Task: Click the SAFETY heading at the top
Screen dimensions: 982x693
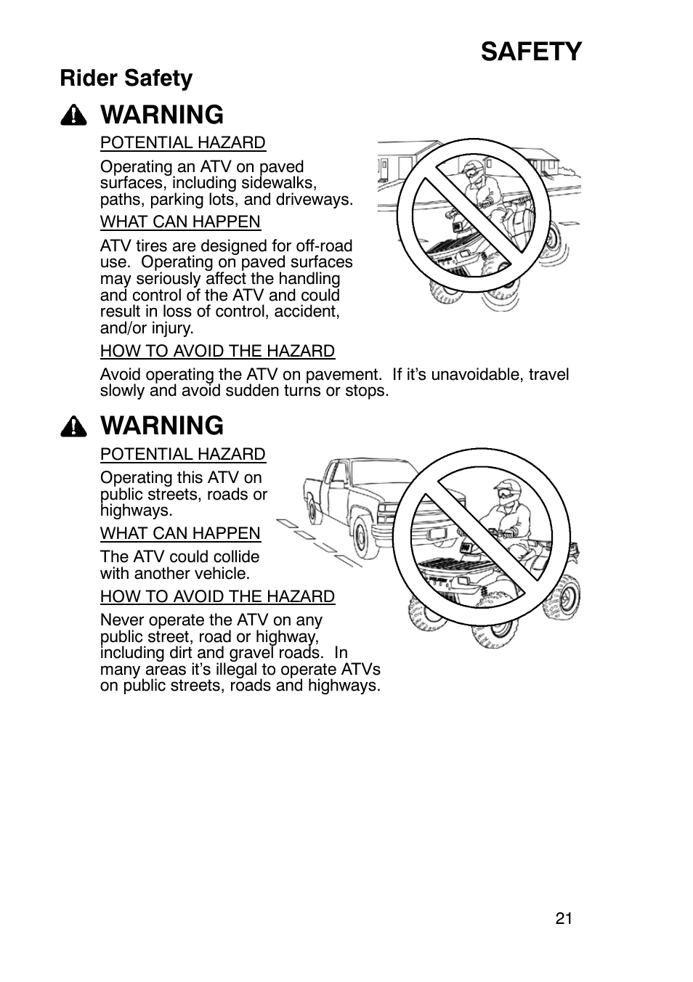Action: [530, 52]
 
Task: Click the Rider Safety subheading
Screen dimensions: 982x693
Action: [126, 78]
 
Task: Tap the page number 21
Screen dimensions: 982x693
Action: [564, 918]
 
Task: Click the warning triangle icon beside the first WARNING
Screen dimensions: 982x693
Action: [74, 115]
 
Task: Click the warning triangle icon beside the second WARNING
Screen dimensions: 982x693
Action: [74, 426]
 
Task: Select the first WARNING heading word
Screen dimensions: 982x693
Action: [163, 115]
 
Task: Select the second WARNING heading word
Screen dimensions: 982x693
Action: [163, 426]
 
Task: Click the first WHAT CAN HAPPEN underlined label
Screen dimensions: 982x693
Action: [180, 222]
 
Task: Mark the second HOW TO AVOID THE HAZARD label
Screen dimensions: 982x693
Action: [217, 597]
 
